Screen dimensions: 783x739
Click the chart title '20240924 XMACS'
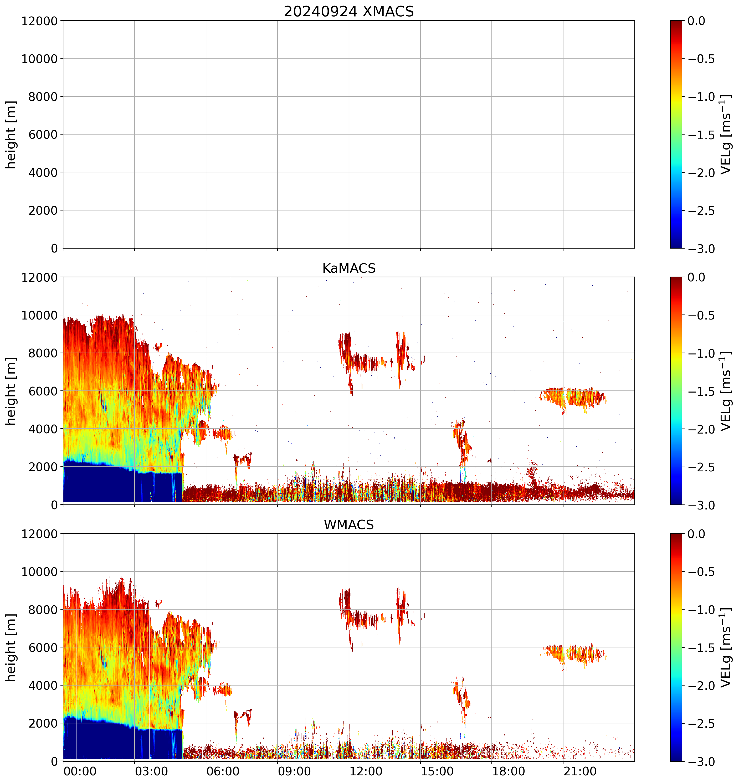(x=349, y=11)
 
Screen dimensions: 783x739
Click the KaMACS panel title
(x=349, y=268)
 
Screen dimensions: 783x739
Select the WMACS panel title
(x=349, y=525)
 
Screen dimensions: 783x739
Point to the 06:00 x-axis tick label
(x=223, y=771)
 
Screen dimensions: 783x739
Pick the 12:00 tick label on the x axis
(x=366, y=771)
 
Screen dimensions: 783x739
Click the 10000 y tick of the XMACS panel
(x=39, y=59)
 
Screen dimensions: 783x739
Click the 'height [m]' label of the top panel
(x=11, y=134)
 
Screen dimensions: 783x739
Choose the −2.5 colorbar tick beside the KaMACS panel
(x=701, y=467)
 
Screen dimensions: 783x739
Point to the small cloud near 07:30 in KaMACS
(x=242, y=459)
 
